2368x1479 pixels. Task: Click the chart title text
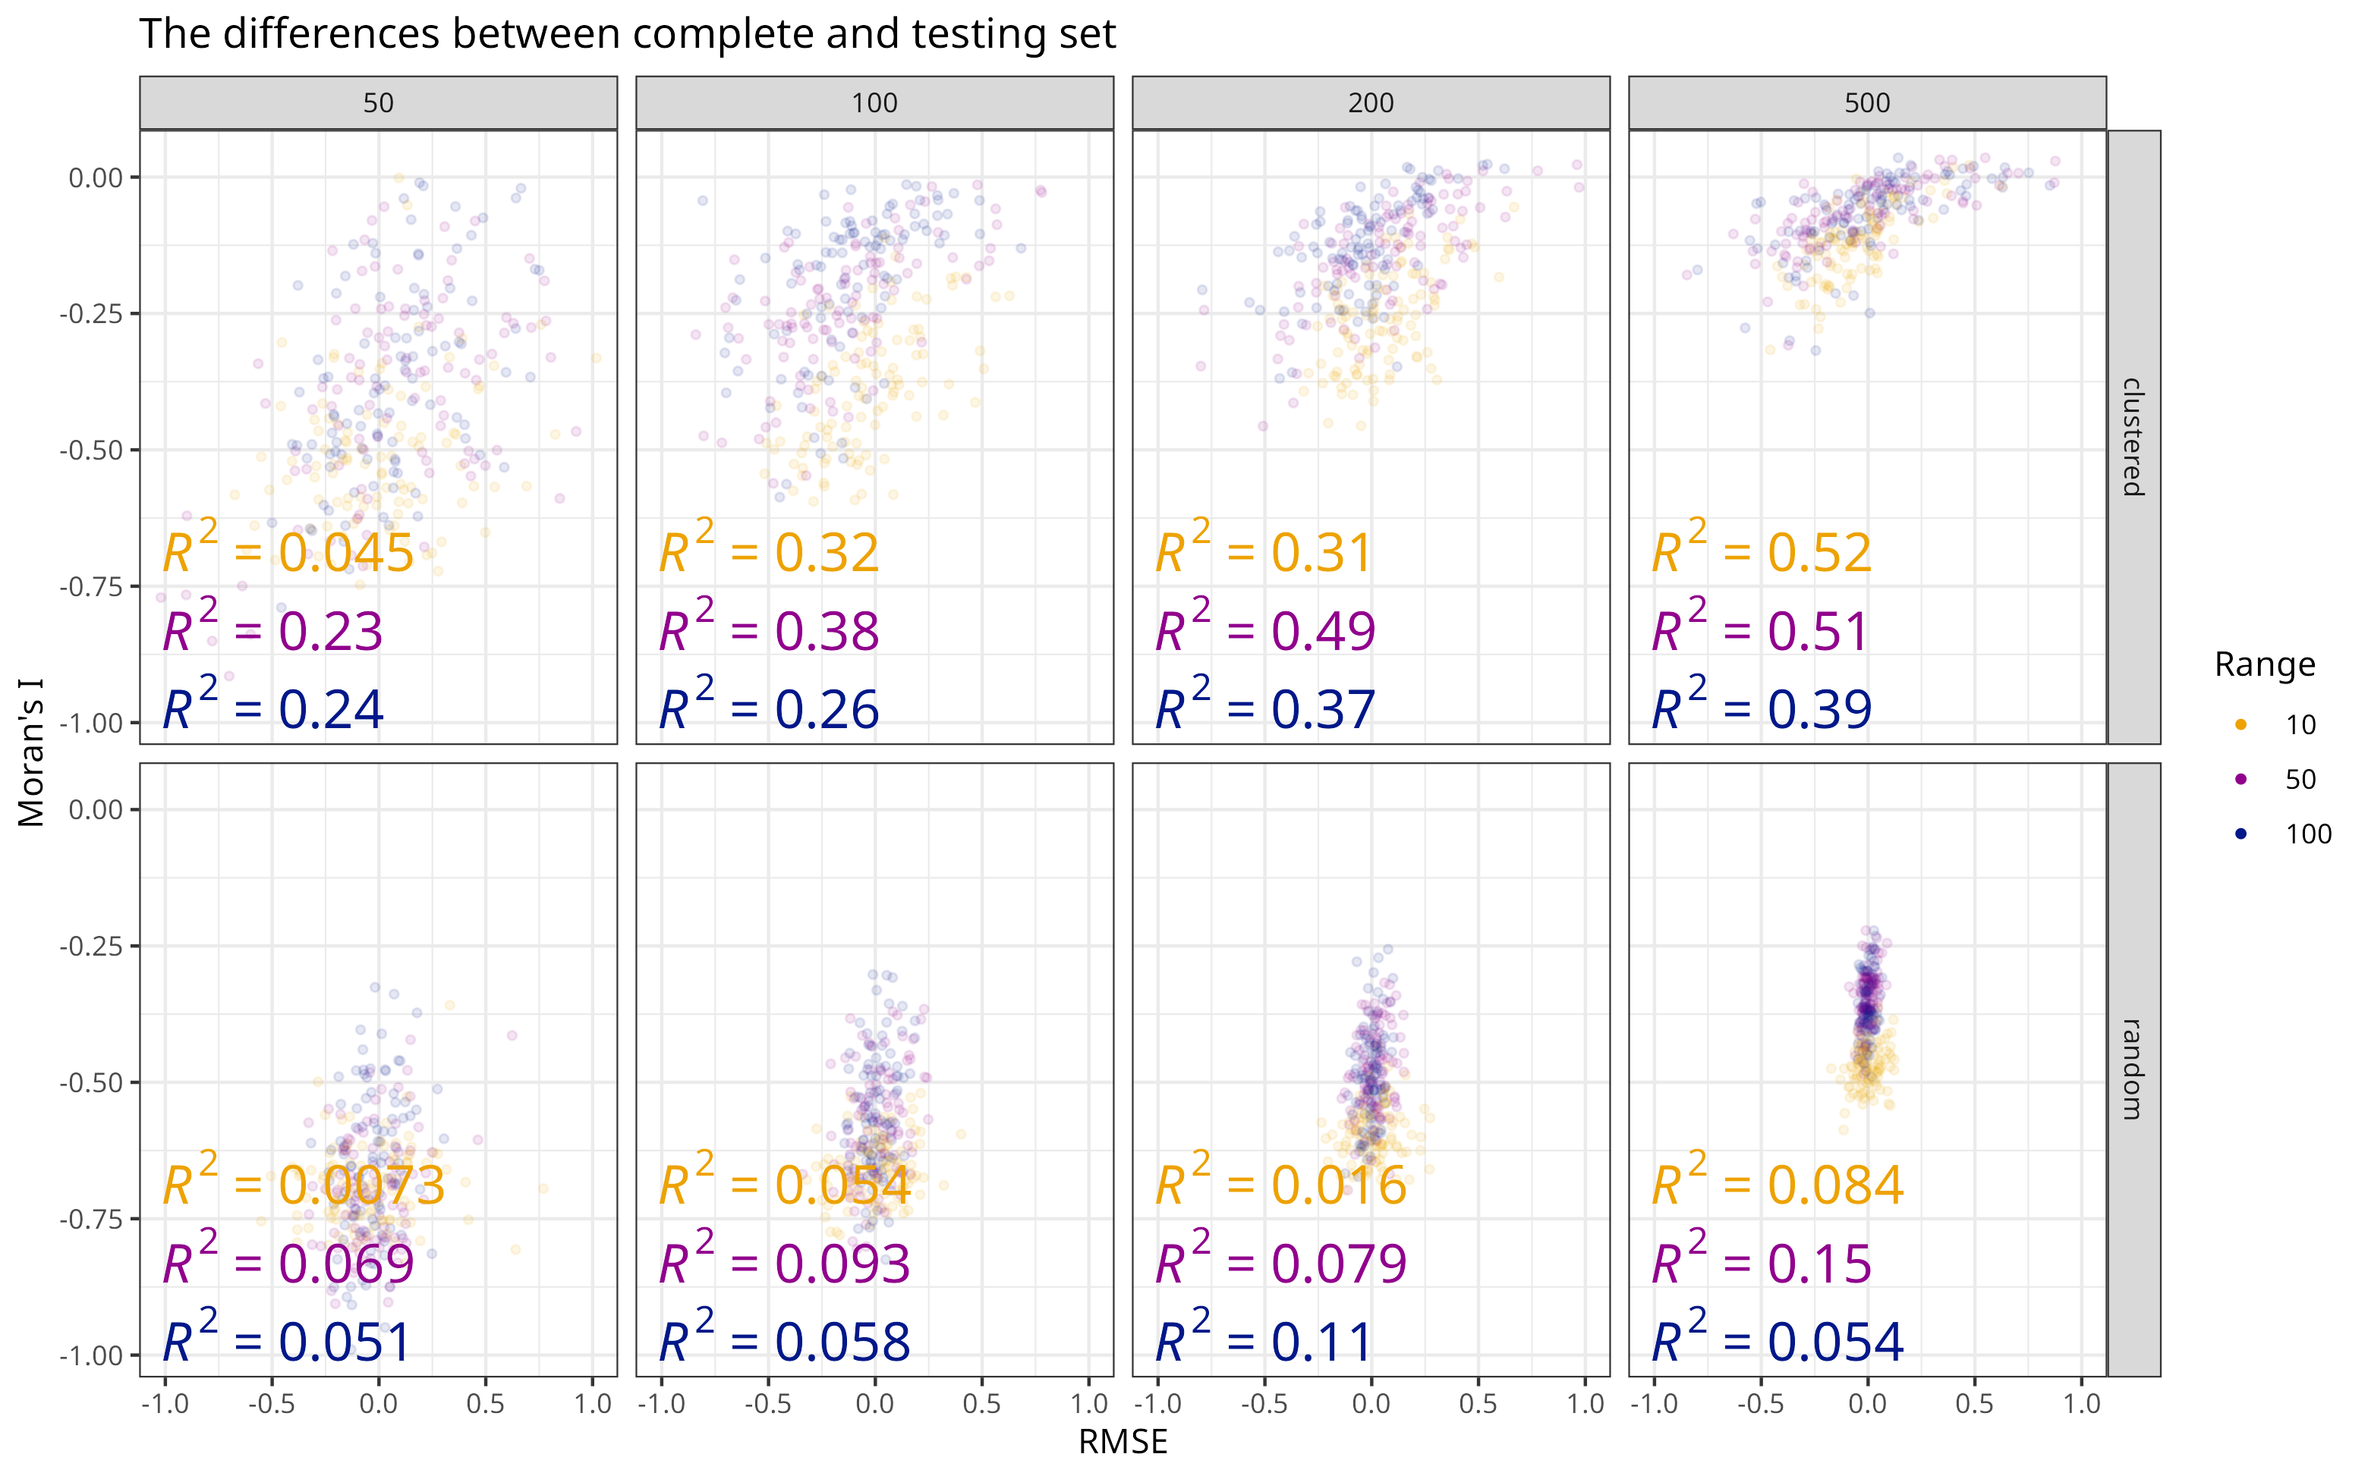point(626,34)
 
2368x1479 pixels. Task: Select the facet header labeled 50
point(378,102)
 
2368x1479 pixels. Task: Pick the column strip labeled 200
point(1370,102)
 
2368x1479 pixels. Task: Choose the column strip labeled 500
point(1866,102)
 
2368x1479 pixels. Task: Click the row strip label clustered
point(2133,437)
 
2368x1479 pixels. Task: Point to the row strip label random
point(2133,1069)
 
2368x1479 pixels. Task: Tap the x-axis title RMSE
point(1123,1443)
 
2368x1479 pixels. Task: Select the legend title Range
point(2264,665)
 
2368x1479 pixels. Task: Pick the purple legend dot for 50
point(2240,780)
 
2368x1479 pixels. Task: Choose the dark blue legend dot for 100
point(2240,834)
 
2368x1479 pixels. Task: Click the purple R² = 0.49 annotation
point(1265,631)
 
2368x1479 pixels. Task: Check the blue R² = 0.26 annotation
point(769,709)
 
